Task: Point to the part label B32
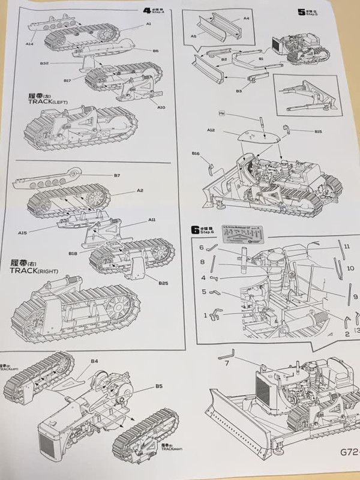[x=44, y=64]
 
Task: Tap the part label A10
[x=161, y=108]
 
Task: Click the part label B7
[x=117, y=175]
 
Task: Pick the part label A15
[x=23, y=233]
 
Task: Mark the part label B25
[x=163, y=281]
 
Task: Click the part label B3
[x=239, y=91]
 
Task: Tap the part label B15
[x=318, y=131]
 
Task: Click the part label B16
[x=196, y=154]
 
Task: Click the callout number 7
[x=226, y=363]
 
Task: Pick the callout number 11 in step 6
[x=347, y=246]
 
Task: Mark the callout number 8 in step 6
[x=203, y=262]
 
